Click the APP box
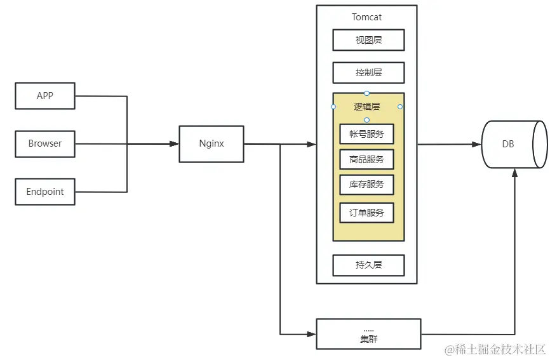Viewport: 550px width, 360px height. click(x=44, y=96)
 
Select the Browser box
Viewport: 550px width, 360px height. click(x=44, y=144)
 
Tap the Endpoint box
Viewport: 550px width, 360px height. click(x=44, y=192)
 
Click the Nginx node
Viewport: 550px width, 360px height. click(x=211, y=143)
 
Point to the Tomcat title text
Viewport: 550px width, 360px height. click(x=366, y=17)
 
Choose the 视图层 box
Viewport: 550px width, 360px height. click(x=368, y=40)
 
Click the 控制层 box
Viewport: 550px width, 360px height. click(x=368, y=72)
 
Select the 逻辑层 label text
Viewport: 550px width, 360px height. click(x=366, y=107)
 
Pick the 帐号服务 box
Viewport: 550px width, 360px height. click(x=366, y=134)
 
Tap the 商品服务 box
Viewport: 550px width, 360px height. click(x=366, y=159)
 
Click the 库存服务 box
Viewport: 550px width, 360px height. click(x=366, y=185)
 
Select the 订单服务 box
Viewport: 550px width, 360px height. click(x=366, y=213)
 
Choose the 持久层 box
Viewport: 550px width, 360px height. click(x=368, y=265)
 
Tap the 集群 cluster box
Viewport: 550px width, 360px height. click(x=368, y=334)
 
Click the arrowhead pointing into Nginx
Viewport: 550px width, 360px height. click(x=175, y=144)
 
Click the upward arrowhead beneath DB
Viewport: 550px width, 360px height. click(x=515, y=173)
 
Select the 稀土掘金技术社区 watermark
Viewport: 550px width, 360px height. click(x=495, y=350)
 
